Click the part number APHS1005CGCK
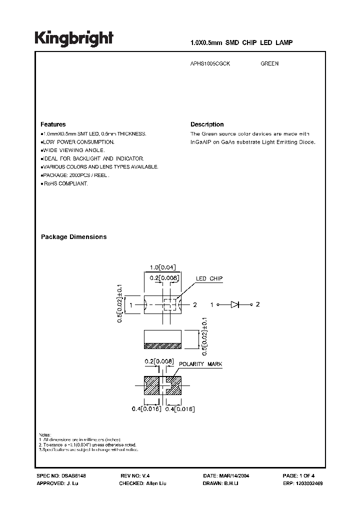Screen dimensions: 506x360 coord(211,64)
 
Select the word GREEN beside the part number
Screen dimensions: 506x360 coord(269,64)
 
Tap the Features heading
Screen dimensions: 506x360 coord(52,124)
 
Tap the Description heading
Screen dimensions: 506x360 coord(207,124)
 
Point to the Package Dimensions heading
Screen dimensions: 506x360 coord(73,237)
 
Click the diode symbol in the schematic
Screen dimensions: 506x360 coord(235,304)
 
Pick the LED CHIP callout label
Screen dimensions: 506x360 coord(209,279)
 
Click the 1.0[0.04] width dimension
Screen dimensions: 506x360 coord(162,267)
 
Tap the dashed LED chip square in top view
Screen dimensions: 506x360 coord(170,304)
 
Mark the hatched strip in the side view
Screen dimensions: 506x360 coord(162,345)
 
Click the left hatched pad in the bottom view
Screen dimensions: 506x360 coord(151,384)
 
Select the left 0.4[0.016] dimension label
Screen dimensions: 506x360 coord(144,409)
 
